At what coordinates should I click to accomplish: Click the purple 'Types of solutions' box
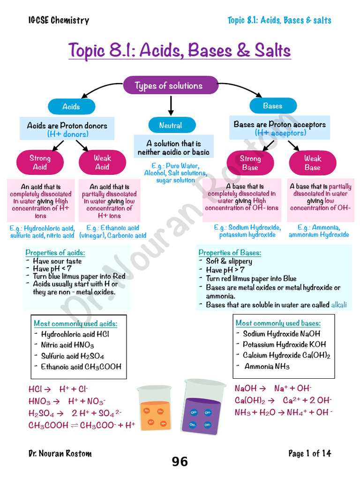171,86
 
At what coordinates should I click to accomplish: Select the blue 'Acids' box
71,107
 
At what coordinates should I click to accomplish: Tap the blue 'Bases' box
273,106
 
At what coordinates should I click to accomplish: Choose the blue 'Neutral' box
171,126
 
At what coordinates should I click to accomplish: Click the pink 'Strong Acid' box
40,163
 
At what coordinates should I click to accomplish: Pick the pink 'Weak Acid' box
102,163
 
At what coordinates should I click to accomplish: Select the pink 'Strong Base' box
250,163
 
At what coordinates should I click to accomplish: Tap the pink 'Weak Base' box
312,163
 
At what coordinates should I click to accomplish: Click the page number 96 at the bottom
180,462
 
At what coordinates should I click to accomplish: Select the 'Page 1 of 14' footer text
309,453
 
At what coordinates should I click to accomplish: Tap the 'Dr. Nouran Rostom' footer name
60,453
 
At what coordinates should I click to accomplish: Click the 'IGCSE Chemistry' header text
59,20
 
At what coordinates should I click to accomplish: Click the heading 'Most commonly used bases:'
278,323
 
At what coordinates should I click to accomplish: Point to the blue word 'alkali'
339,305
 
